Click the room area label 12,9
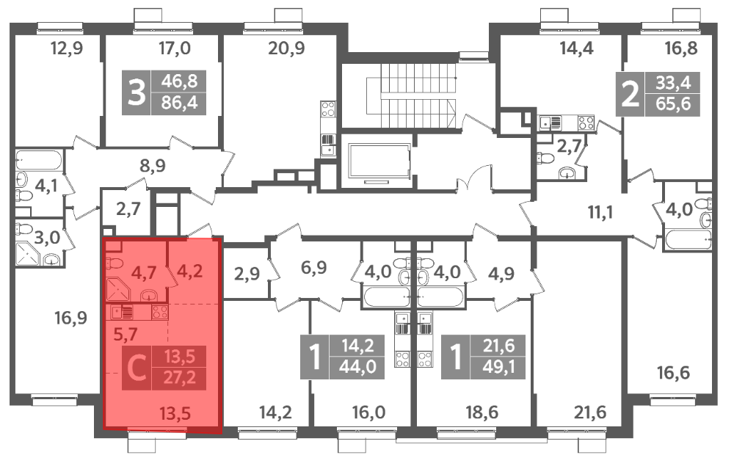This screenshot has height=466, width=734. (67, 48)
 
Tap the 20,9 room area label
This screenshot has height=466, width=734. (286, 48)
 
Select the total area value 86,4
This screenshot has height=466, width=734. (179, 103)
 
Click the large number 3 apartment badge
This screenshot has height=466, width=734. (137, 92)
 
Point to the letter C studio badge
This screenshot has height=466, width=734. (137, 368)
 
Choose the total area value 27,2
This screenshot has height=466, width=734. (179, 377)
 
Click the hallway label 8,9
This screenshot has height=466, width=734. (153, 166)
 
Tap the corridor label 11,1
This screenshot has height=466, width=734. (600, 213)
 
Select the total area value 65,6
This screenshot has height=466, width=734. (673, 103)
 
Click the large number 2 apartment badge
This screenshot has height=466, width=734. (630, 94)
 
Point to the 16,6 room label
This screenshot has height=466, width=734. (673, 373)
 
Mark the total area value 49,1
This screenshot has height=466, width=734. (498, 367)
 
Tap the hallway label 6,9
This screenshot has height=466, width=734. (313, 268)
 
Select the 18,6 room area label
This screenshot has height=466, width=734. (482, 412)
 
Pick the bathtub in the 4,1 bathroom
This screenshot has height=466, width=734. (38, 160)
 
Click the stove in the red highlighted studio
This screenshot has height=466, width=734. (159, 312)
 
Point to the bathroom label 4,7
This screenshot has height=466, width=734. (143, 272)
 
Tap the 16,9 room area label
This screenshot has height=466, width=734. (70, 318)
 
